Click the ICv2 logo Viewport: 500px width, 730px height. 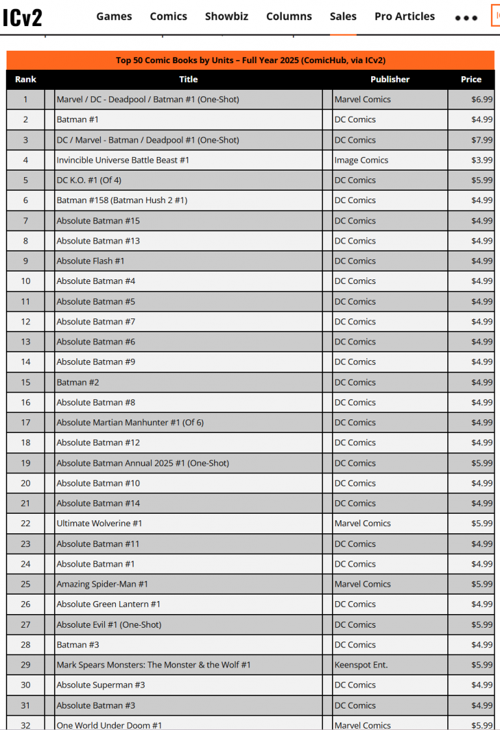pyautogui.click(x=22, y=17)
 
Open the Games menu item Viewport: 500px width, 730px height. pyautogui.click(x=114, y=16)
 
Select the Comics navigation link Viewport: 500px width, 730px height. pyautogui.click(x=169, y=16)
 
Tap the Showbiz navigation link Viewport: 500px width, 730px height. pyautogui.click(x=227, y=16)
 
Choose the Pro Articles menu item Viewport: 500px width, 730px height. pyautogui.click(x=404, y=16)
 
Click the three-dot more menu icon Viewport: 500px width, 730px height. pyautogui.click(x=466, y=18)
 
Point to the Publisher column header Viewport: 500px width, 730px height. pyautogui.click(x=390, y=79)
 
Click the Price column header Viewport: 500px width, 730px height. pyautogui.click(x=471, y=79)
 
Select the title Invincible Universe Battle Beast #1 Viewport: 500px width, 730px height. pyautogui.click(x=123, y=160)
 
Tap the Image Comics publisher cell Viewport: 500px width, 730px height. pyautogui.click(x=361, y=160)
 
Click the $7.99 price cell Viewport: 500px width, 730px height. pyautogui.click(x=482, y=140)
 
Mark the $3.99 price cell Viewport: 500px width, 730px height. pyautogui.click(x=482, y=160)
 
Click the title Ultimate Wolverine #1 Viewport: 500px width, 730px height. pyautogui.click(x=100, y=524)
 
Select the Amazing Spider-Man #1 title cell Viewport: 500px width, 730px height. pyautogui.click(x=102, y=584)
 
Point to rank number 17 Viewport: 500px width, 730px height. pyautogui.click(x=25, y=423)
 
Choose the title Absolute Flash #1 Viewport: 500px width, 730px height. pyautogui.click(x=90, y=261)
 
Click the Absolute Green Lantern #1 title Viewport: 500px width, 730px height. pyautogui.click(x=109, y=604)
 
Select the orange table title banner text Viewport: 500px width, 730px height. pyautogui.click(x=251, y=61)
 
